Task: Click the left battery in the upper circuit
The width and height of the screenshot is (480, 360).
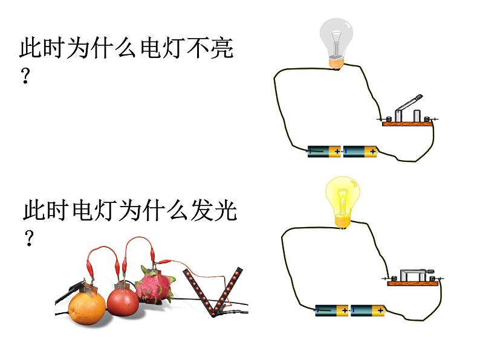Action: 324,152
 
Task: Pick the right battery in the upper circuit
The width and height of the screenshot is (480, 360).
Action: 360,152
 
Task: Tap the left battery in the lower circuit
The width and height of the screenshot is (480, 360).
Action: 331,310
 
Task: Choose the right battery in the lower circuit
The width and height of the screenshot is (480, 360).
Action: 368,310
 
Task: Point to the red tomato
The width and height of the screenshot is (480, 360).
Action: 123,301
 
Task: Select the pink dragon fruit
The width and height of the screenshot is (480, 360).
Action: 155,286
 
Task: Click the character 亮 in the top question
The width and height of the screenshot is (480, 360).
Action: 222,48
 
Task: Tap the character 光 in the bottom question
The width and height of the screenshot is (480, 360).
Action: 225,210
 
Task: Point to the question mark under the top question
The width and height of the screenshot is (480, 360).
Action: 26,76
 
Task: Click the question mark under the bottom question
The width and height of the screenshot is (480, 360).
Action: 29,238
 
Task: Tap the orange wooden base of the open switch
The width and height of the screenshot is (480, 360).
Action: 407,124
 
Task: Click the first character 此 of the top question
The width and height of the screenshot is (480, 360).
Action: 31,48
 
